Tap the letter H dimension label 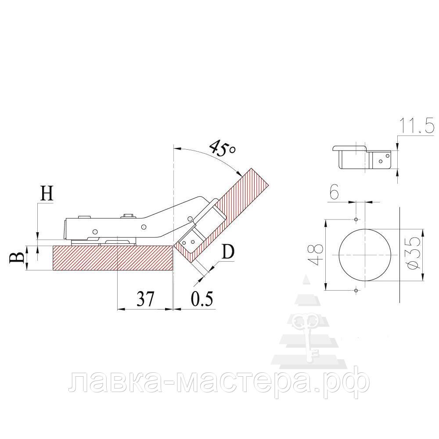[x=47, y=193]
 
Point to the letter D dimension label [x=227, y=252]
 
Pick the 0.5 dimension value [x=202, y=299]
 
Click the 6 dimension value [x=334, y=192]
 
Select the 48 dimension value [x=316, y=255]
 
